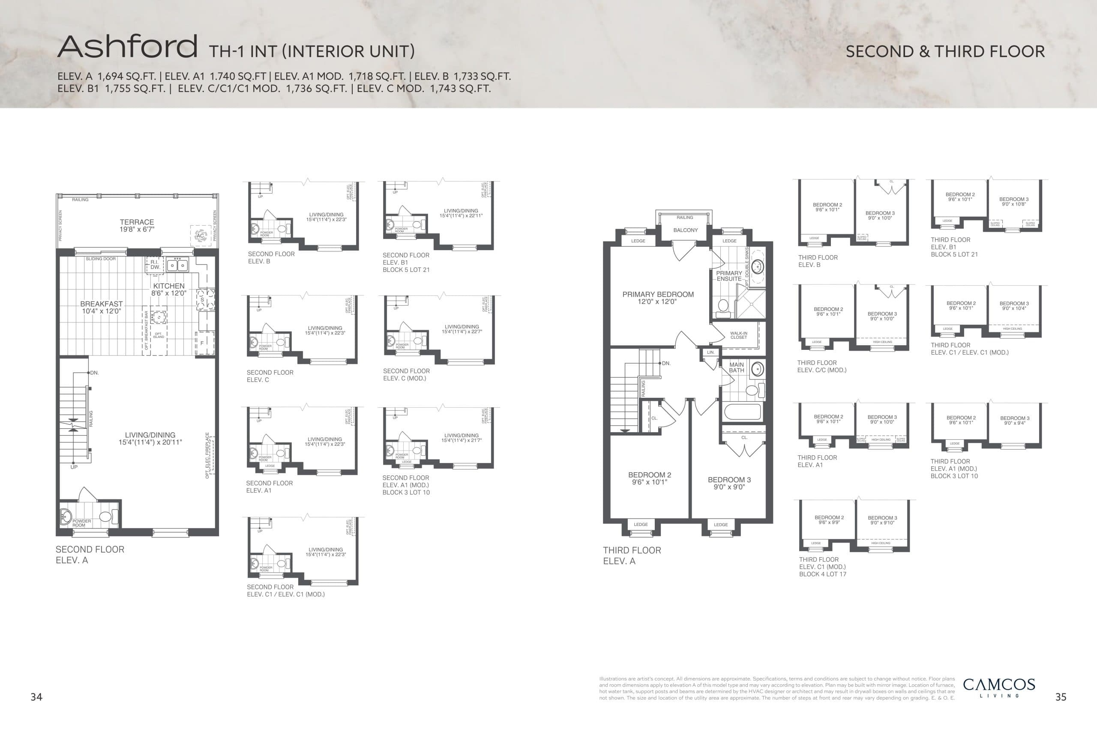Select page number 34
(36, 697)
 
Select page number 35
(1061, 697)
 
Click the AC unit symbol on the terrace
(200, 236)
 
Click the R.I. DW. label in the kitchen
(155, 265)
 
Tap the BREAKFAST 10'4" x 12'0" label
(101, 307)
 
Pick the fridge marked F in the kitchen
(202, 343)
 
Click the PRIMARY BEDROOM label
(658, 298)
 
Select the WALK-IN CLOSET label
(738, 335)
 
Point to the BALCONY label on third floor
(685, 230)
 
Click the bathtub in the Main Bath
(742, 412)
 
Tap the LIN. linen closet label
(710, 352)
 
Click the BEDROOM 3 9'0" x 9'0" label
(729, 483)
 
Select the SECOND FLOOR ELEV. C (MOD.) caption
(406, 374)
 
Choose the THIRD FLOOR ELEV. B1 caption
(954, 247)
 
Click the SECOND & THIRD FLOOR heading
(945, 51)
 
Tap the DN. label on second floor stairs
(94, 373)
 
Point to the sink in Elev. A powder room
(65, 516)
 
